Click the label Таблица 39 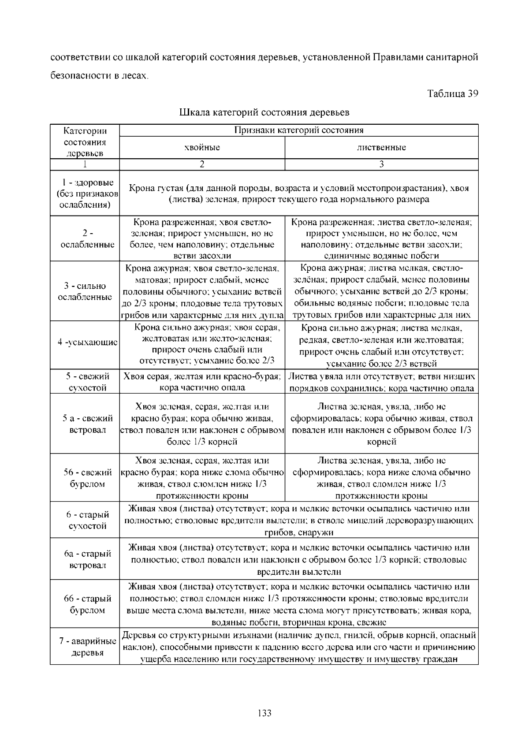tap(452, 94)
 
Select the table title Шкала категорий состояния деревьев tap(264, 112)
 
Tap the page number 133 tap(264, 713)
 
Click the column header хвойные tap(202, 148)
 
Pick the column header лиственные tap(381, 148)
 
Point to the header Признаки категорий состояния tap(298, 130)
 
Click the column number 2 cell tap(202, 164)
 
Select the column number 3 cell tap(381, 164)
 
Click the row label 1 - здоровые tap(85, 194)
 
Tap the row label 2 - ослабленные tap(85, 238)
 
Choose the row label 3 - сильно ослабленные tap(85, 291)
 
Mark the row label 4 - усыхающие tap(87, 342)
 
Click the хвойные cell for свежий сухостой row tap(202, 382)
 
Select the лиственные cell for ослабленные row tap(381, 238)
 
